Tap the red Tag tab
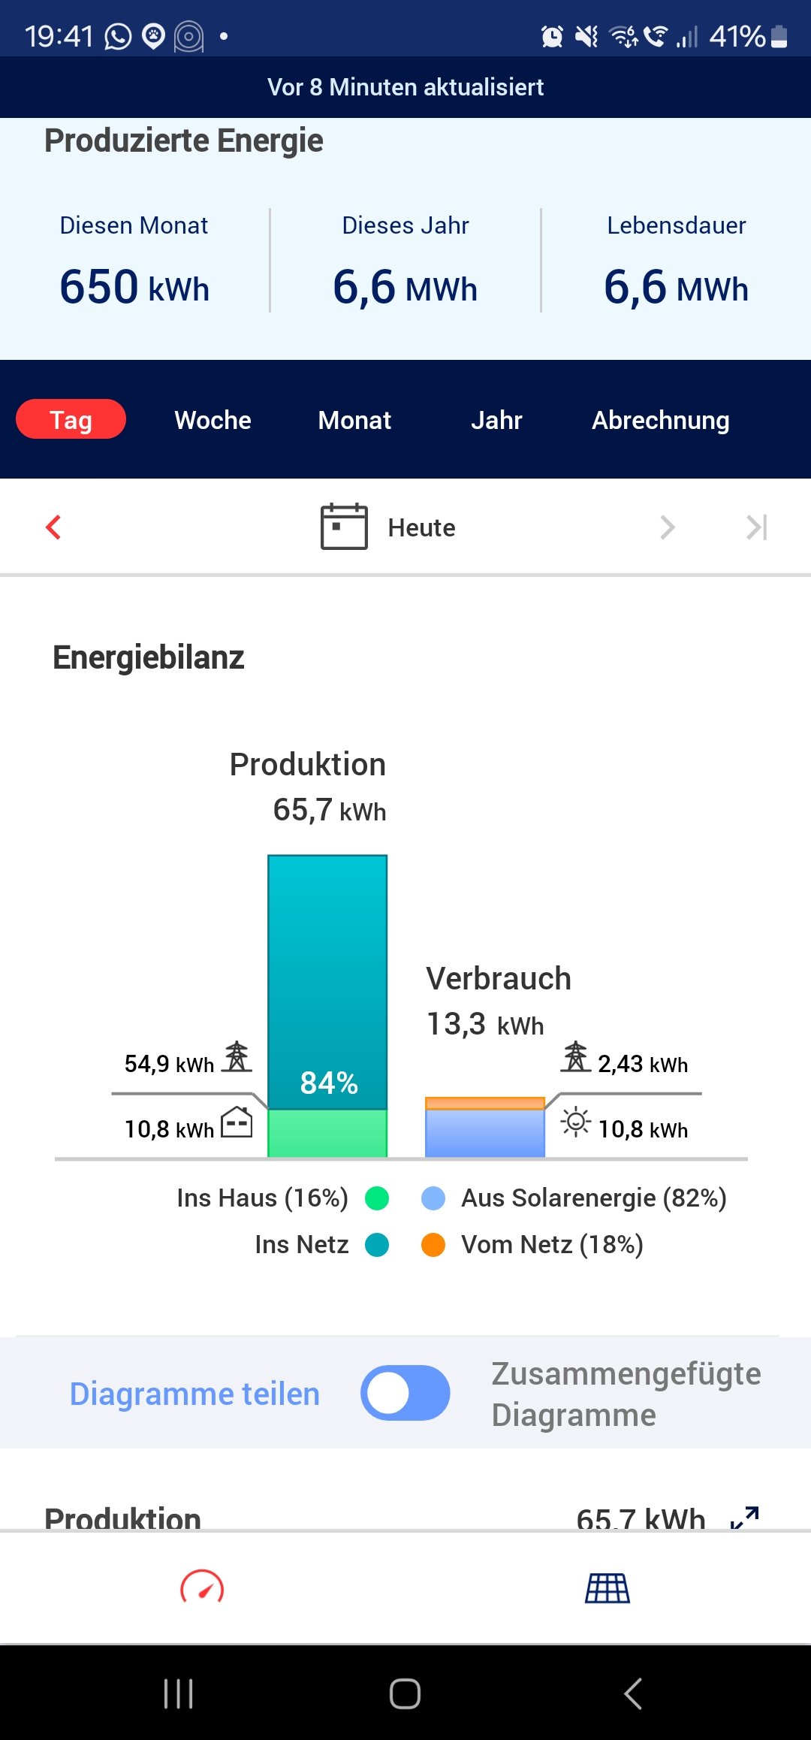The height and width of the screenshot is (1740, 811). coord(71,419)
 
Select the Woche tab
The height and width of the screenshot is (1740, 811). coord(213,420)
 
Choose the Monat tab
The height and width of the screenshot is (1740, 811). coord(354,420)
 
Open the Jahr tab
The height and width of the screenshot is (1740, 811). coord(496,420)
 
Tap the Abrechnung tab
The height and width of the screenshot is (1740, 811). coord(660,420)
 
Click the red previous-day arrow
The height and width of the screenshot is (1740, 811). coord(53,527)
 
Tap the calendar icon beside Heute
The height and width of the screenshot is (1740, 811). coord(344,527)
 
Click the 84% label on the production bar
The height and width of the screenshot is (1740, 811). coord(329,1083)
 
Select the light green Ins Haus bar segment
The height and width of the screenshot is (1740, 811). coord(327,1133)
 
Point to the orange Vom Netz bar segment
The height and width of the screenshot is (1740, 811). coord(484,1103)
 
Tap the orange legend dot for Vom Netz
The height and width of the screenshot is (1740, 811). coord(433,1245)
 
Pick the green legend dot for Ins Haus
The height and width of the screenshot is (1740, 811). coord(377,1198)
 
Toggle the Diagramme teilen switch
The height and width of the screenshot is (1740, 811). coord(405,1393)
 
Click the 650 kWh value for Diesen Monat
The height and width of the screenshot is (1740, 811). coord(134,287)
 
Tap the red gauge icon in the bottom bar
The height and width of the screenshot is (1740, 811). coord(202,1587)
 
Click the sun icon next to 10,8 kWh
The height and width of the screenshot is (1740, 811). coord(576,1122)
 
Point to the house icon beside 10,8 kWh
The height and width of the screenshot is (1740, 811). coord(237,1122)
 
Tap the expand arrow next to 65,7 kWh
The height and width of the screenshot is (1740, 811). coord(745,1518)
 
